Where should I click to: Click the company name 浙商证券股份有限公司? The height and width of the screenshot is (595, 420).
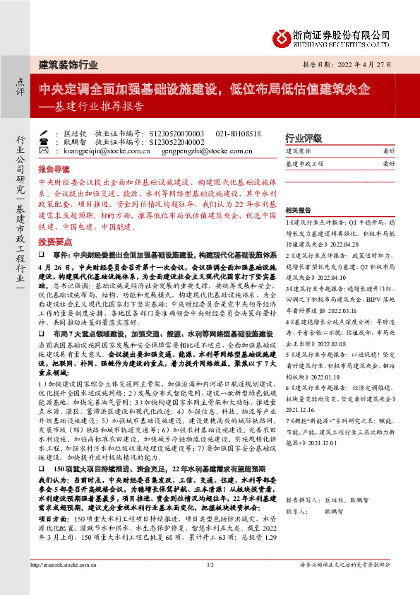tap(342, 34)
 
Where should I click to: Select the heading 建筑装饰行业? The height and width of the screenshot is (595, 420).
tap(68, 65)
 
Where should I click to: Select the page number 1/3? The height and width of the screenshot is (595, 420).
tap(210, 584)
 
